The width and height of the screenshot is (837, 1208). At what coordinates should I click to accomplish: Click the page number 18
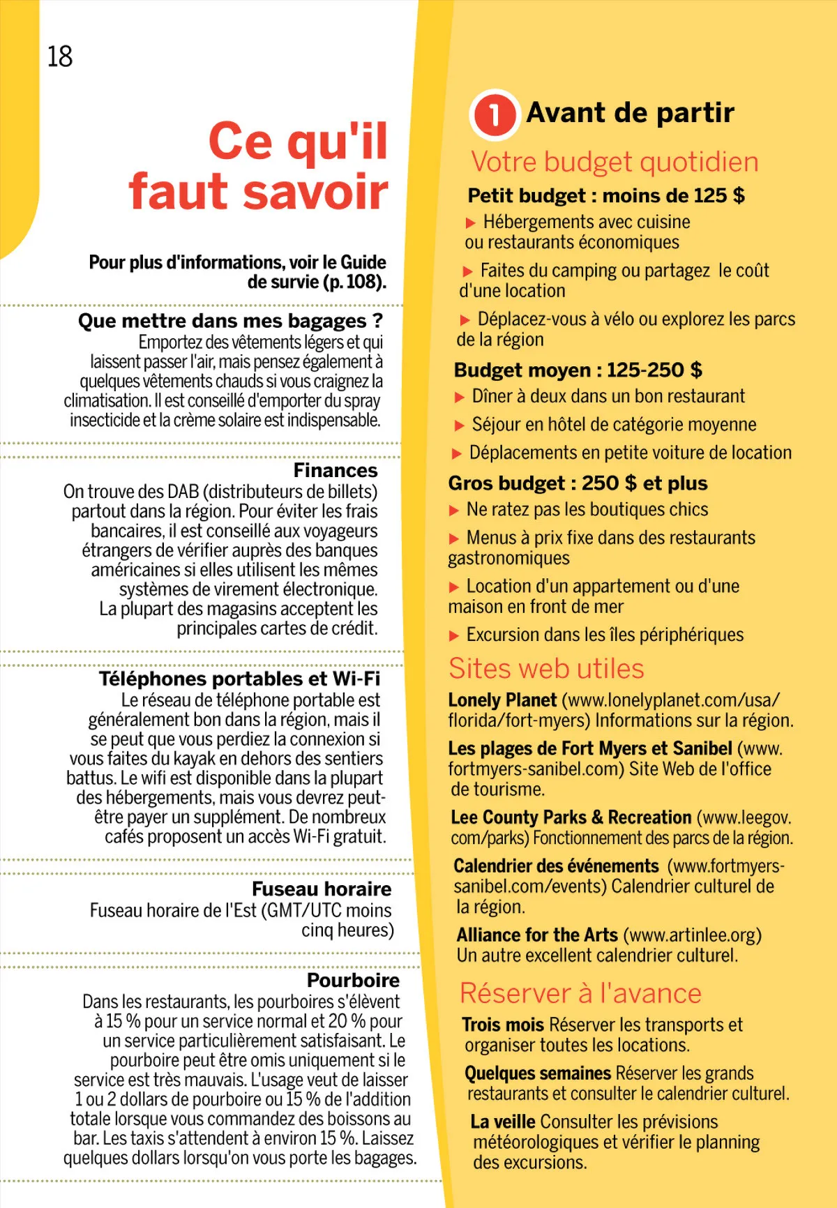(x=60, y=56)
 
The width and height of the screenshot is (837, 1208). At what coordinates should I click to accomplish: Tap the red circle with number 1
(x=495, y=114)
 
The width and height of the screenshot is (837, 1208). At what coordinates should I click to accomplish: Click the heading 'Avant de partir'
(x=630, y=112)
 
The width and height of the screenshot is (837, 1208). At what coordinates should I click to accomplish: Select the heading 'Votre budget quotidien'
(x=614, y=162)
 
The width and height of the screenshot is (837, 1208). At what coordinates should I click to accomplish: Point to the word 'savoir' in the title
(x=315, y=192)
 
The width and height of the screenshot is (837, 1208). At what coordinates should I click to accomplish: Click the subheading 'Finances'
(x=335, y=470)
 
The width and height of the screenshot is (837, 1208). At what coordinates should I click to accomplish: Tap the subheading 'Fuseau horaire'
(x=322, y=889)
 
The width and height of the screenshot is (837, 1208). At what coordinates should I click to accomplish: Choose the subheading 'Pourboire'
(x=353, y=981)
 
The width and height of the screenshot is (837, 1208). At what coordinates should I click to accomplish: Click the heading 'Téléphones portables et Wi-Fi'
(x=239, y=679)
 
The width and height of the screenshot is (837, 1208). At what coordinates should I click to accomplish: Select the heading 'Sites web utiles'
(x=546, y=669)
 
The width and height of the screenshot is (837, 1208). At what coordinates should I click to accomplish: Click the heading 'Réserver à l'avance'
(x=580, y=993)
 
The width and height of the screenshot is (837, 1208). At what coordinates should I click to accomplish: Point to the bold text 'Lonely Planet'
(x=502, y=700)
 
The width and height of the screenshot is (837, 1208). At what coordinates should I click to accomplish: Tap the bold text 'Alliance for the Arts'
(x=537, y=935)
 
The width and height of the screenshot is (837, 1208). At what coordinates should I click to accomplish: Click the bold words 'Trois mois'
(x=503, y=1025)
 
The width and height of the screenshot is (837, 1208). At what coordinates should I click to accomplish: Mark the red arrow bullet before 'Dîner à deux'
(x=460, y=398)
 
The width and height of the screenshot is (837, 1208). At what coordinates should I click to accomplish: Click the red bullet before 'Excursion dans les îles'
(x=454, y=635)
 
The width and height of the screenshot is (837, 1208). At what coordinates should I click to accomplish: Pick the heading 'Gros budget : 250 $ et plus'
(x=578, y=483)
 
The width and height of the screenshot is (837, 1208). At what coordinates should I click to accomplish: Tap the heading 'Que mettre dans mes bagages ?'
(x=230, y=321)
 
